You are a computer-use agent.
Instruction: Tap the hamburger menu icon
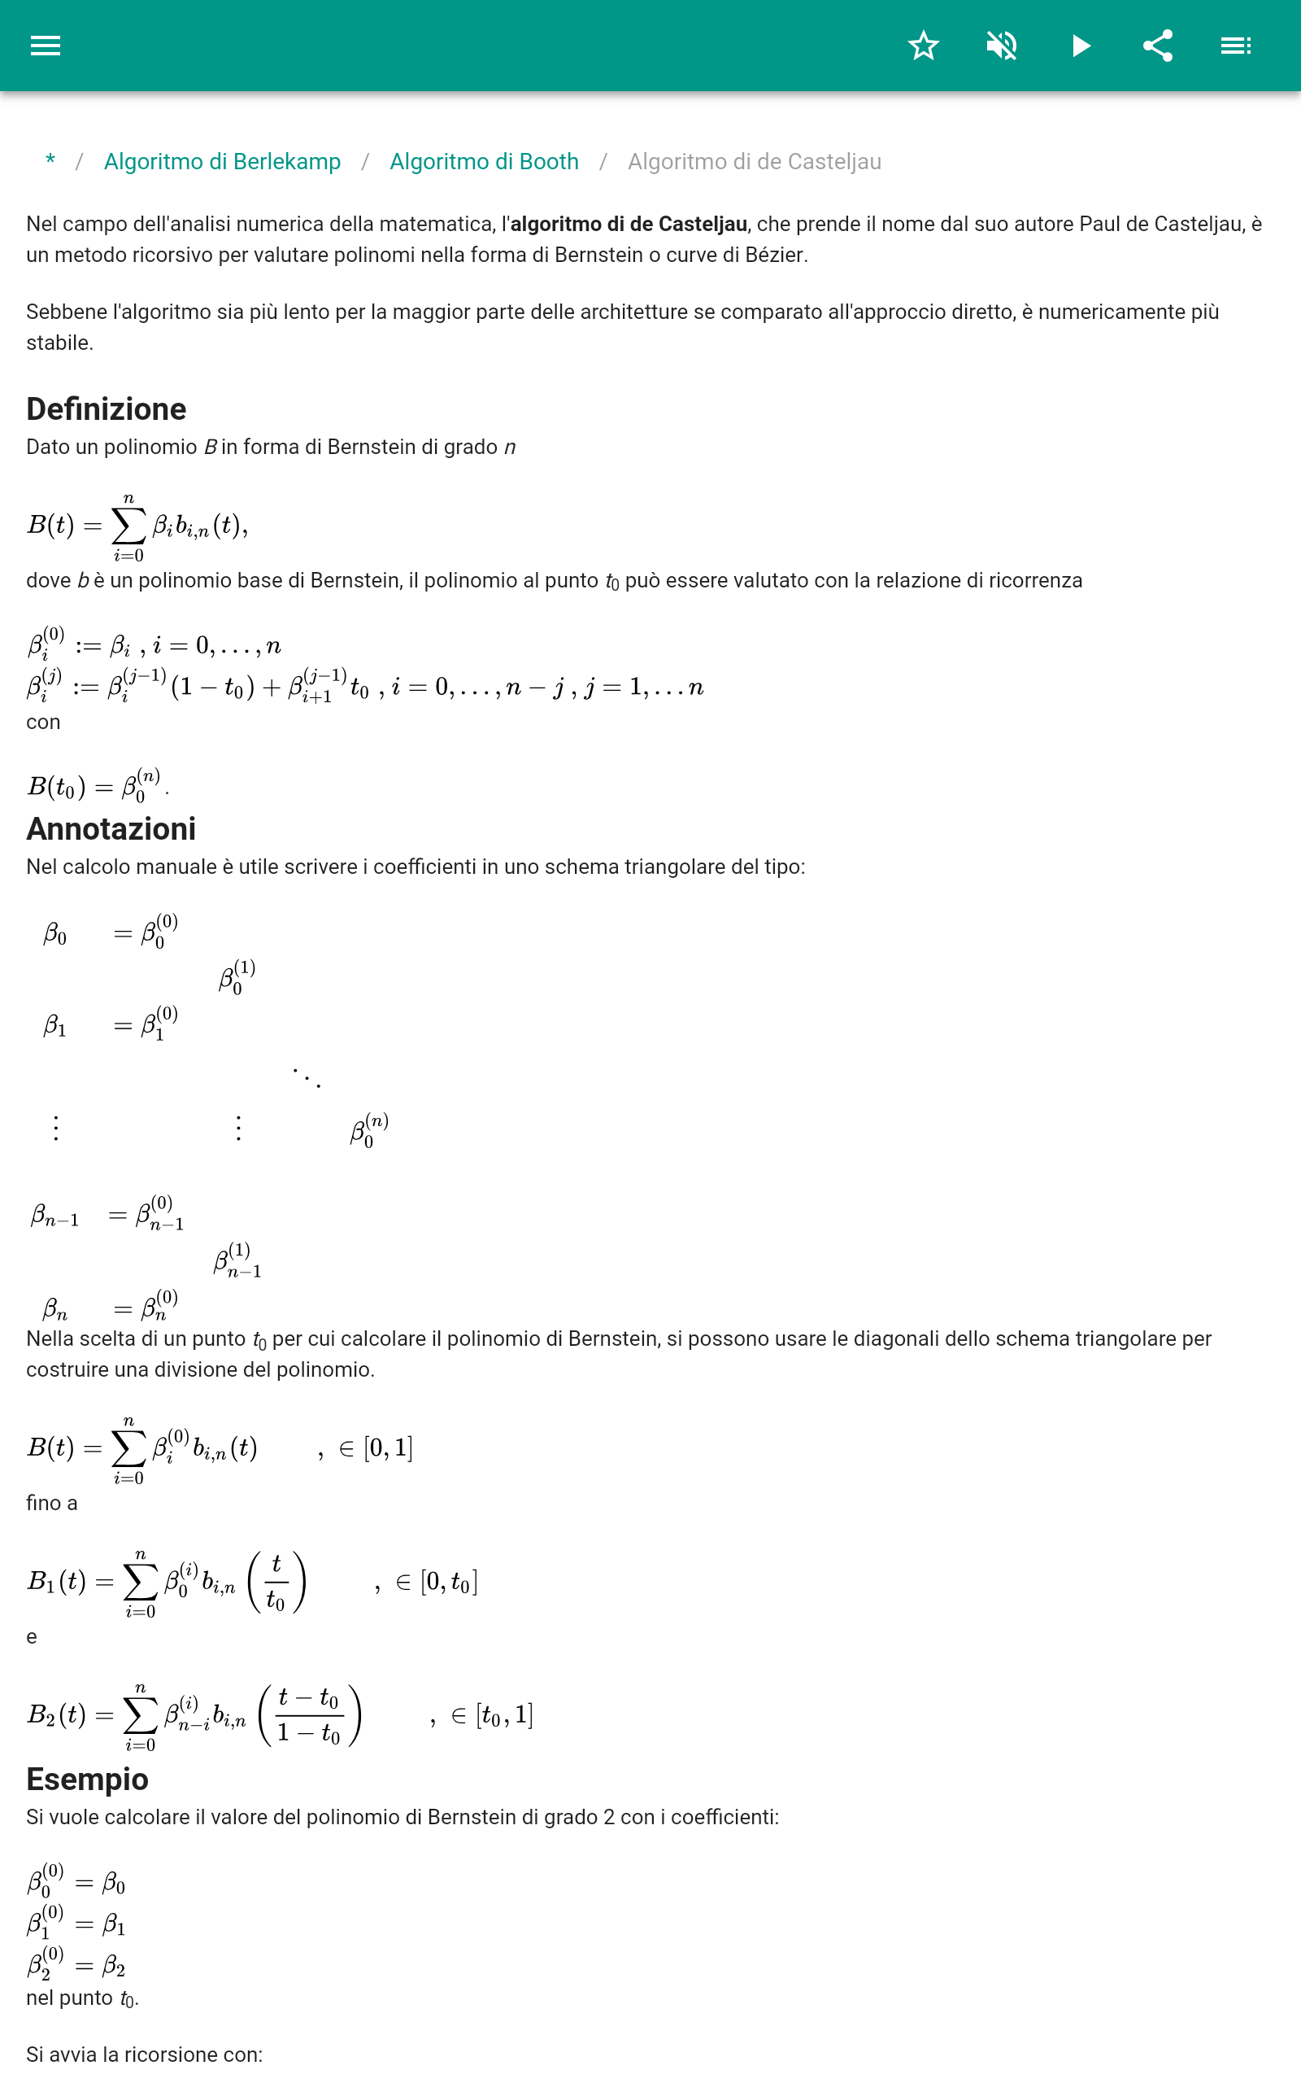click(x=46, y=46)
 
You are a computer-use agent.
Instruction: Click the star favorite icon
click(x=923, y=46)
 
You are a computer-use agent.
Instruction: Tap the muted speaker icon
click(x=1002, y=46)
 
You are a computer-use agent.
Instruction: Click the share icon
click(x=1158, y=46)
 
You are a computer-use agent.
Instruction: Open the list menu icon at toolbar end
click(x=1236, y=46)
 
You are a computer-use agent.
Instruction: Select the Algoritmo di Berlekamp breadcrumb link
click(x=222, y=162)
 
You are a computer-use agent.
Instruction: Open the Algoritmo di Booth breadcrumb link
click(x=484, y=162)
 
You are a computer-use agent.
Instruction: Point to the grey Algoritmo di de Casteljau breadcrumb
click(x=754, y=162)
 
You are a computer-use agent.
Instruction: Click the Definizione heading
click(x=106, y=408)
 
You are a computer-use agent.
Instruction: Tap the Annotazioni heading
click(x=111, y=829)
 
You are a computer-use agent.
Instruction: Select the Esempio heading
click(x=87, y=1780)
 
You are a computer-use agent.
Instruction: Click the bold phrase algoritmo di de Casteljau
click(x=628, y=225)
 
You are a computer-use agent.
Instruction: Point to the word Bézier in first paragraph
click(x=778, y=255)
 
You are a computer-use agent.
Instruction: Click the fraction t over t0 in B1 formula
click(x=276, y=1582)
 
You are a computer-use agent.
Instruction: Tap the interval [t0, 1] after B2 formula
click(x=504, y=1715)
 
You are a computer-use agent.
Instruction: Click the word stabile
click(x=59, y=343)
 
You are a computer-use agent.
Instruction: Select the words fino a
click(x=51, y=1503)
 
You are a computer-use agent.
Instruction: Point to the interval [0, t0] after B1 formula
click(x=448, y=1582)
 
